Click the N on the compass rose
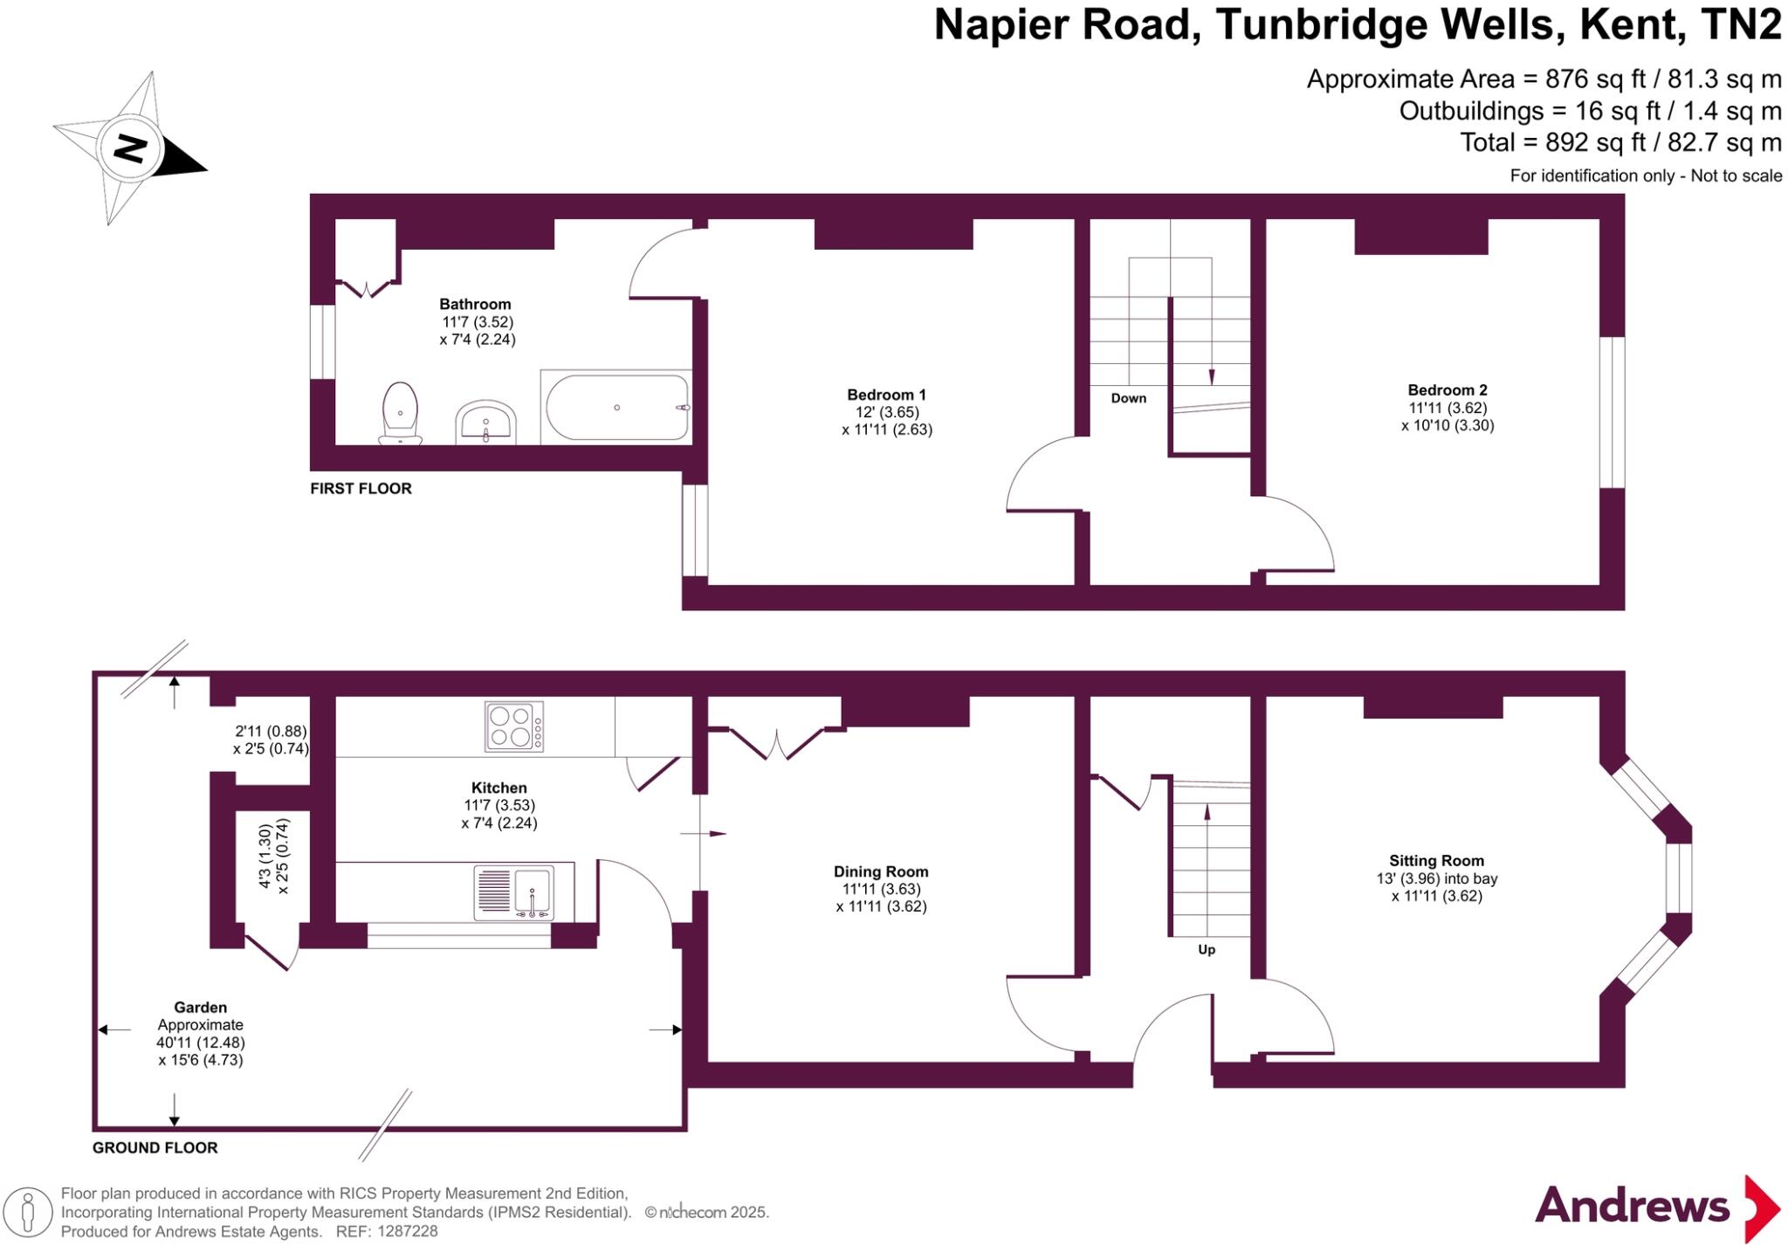pos(131,148)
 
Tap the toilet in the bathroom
pos(400,413)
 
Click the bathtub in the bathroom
pos(617,408)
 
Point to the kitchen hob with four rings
pos(513,726)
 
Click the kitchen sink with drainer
pos(514,892)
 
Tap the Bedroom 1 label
pos(886,395)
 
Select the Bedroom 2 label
pos(1447,390)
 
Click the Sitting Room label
pos(1436,861)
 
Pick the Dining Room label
pos(880,871)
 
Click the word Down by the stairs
pos(1128,398)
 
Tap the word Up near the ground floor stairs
pos(1206,949)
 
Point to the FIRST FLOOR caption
pos(361,489)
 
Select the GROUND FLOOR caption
pos(155,1147)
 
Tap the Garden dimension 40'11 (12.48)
pos(201,1043)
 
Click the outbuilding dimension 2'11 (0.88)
pos(271,732)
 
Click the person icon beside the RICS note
pos(28,1212)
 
